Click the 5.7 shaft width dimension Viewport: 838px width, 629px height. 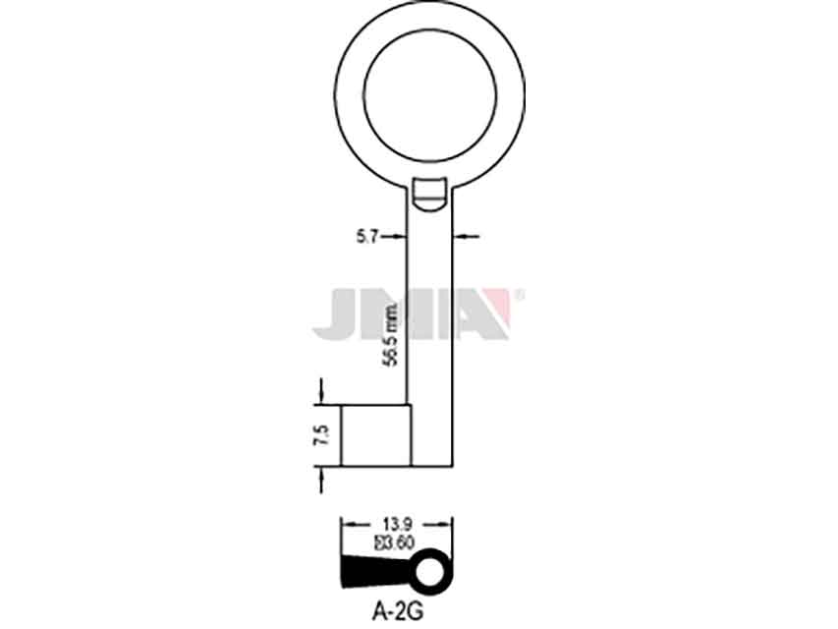(x=368, y=236)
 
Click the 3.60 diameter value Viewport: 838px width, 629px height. (x=396, y=543)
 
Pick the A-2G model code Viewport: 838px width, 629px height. (x=397, y=611)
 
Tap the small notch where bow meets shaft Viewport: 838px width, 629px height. (x=430, y=195)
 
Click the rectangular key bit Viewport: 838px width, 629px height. (x=376, y=434)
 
